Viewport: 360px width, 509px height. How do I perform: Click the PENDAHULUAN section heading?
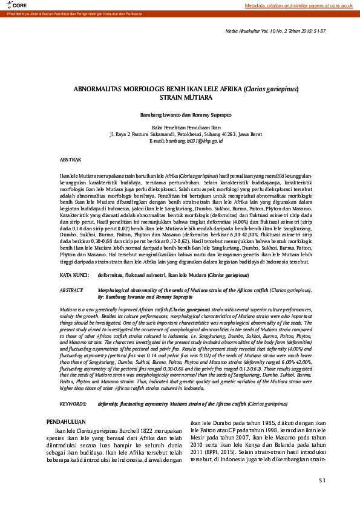click(66, 421)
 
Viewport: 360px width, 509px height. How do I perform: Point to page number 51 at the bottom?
click(322, 481)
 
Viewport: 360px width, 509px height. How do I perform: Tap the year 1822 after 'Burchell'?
click(142, 430)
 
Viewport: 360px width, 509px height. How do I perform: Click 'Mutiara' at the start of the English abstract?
click(67, 308)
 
